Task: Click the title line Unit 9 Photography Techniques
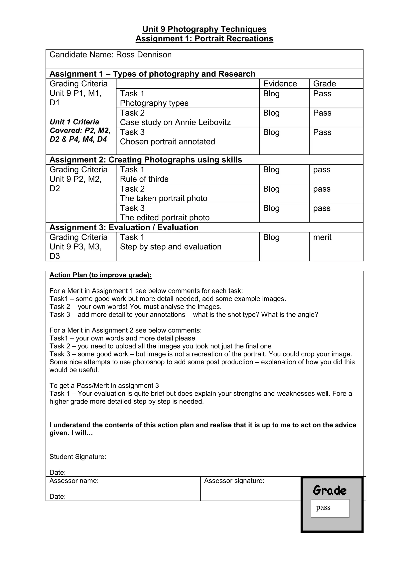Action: (204, 29)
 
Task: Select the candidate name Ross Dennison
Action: (144, 55)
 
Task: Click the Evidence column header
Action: (280, 84)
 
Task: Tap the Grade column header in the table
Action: (324, 84)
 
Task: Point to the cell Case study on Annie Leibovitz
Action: (175, 122)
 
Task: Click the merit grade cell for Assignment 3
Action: (322, 237)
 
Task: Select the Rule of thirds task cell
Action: (144, 179)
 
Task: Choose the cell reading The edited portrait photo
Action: (165, 218)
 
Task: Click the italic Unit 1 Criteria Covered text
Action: (80, 130)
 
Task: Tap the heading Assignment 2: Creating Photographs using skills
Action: (146, 160)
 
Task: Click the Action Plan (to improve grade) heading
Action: (100, 275)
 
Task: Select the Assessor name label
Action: (74, 481)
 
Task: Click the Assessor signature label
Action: (234, 481)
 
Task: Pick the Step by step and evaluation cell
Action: (171, 247)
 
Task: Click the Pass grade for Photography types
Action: (322, 94)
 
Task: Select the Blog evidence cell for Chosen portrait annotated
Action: (271, 132)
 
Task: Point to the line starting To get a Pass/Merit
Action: (104, 385)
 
